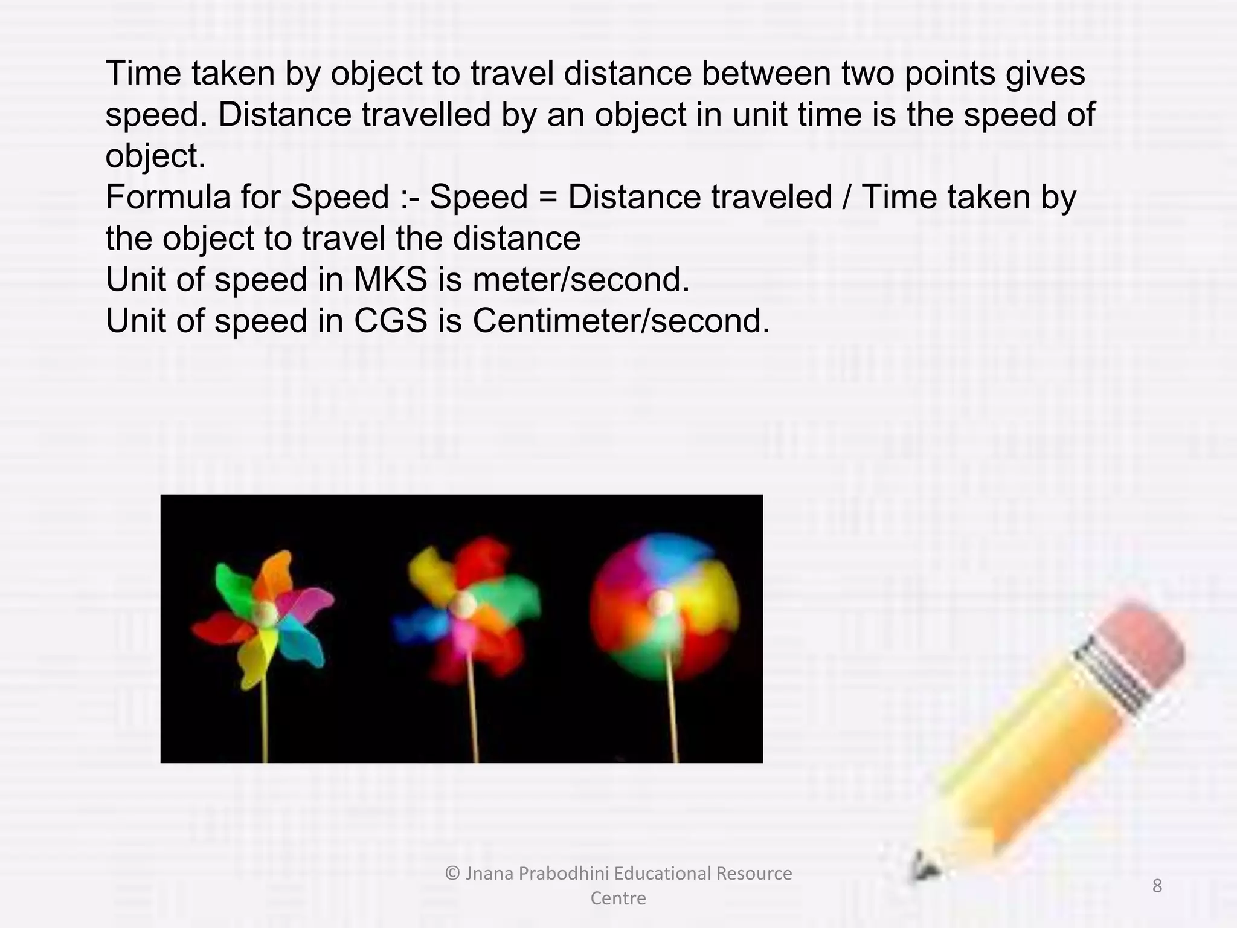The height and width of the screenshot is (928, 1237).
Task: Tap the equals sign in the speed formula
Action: point(547,198)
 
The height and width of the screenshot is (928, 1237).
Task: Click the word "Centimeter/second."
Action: point(621,321)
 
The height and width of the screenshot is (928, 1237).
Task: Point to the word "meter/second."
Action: point(581,280)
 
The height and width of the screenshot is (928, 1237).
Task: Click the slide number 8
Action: point(1157,886)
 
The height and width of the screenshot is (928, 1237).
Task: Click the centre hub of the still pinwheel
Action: point(266,614)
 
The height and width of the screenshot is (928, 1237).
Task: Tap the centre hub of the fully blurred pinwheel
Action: point(663,602)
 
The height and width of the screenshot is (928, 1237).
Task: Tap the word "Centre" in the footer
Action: point(618,898)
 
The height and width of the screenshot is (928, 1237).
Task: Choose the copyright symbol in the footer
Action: point(452,874)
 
